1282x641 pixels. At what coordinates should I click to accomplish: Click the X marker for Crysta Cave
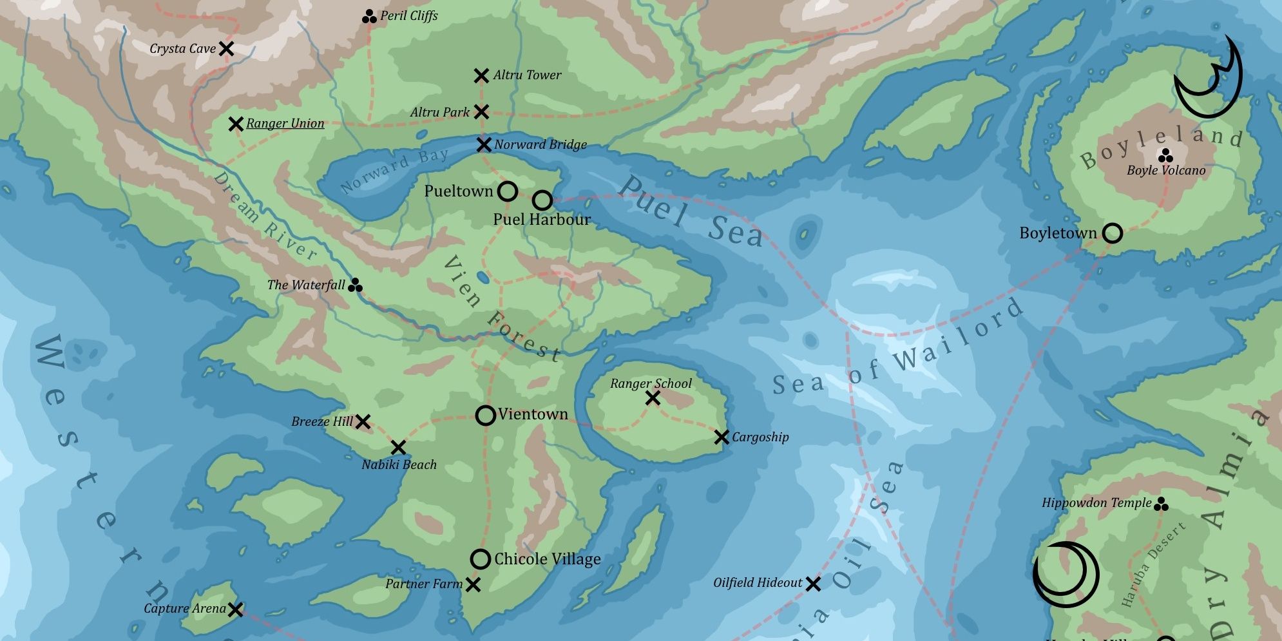[226, 48]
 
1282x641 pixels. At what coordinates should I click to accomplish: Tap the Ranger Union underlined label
[285, 123]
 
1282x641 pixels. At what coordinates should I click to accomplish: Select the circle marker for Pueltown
[508, 191]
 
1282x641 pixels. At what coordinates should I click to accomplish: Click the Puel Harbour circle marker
[542, 200]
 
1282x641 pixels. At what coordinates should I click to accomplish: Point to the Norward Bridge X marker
[484, 144]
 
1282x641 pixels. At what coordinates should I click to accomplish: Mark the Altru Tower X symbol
[481, 75]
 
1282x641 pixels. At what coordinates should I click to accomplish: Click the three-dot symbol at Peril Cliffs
[369, 17]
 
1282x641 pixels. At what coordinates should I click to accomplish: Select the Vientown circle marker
[486, 416]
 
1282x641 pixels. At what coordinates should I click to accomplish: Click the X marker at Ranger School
[653, 398]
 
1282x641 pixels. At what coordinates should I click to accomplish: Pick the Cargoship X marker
[722, 437]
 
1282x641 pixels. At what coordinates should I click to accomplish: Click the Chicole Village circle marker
[481, 559]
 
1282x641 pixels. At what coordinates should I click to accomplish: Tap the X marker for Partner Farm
[473, 584]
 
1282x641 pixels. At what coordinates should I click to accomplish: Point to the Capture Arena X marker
[236, 609]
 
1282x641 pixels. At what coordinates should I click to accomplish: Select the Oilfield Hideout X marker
[814, 584]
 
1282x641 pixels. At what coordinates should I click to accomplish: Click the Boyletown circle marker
[1113, 233]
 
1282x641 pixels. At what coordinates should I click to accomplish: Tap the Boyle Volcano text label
[1165, 171]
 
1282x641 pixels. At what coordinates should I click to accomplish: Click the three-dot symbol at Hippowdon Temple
[1161, 504]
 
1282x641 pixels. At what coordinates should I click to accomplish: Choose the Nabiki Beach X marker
[398, 447]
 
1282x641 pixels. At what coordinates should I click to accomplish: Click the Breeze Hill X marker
[363, 422]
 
